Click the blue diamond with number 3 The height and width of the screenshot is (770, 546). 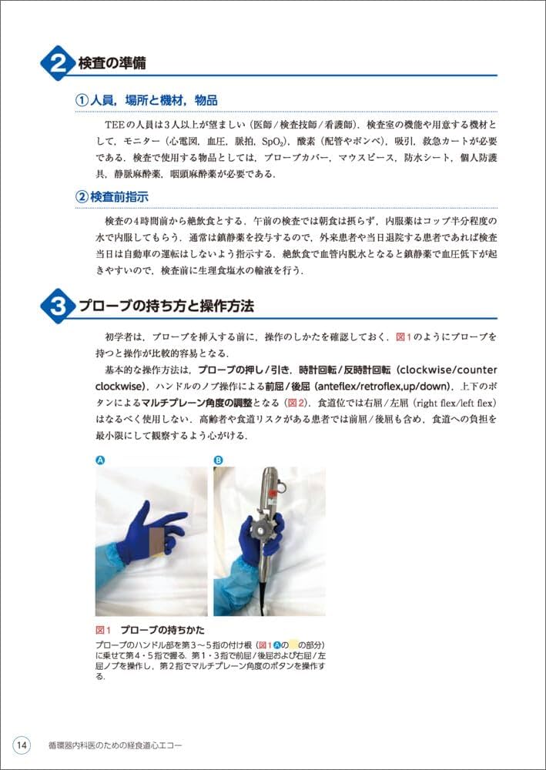point(58,306)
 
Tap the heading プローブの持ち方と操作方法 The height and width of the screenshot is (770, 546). point(166,306)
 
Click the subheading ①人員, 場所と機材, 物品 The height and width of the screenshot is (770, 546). point(146,101)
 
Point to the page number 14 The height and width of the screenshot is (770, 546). point(22,745)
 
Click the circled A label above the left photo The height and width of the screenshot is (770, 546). point(99,460)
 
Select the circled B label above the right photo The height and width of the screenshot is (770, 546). point(218,460)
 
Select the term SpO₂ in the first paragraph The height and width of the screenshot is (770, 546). point(271,142)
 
